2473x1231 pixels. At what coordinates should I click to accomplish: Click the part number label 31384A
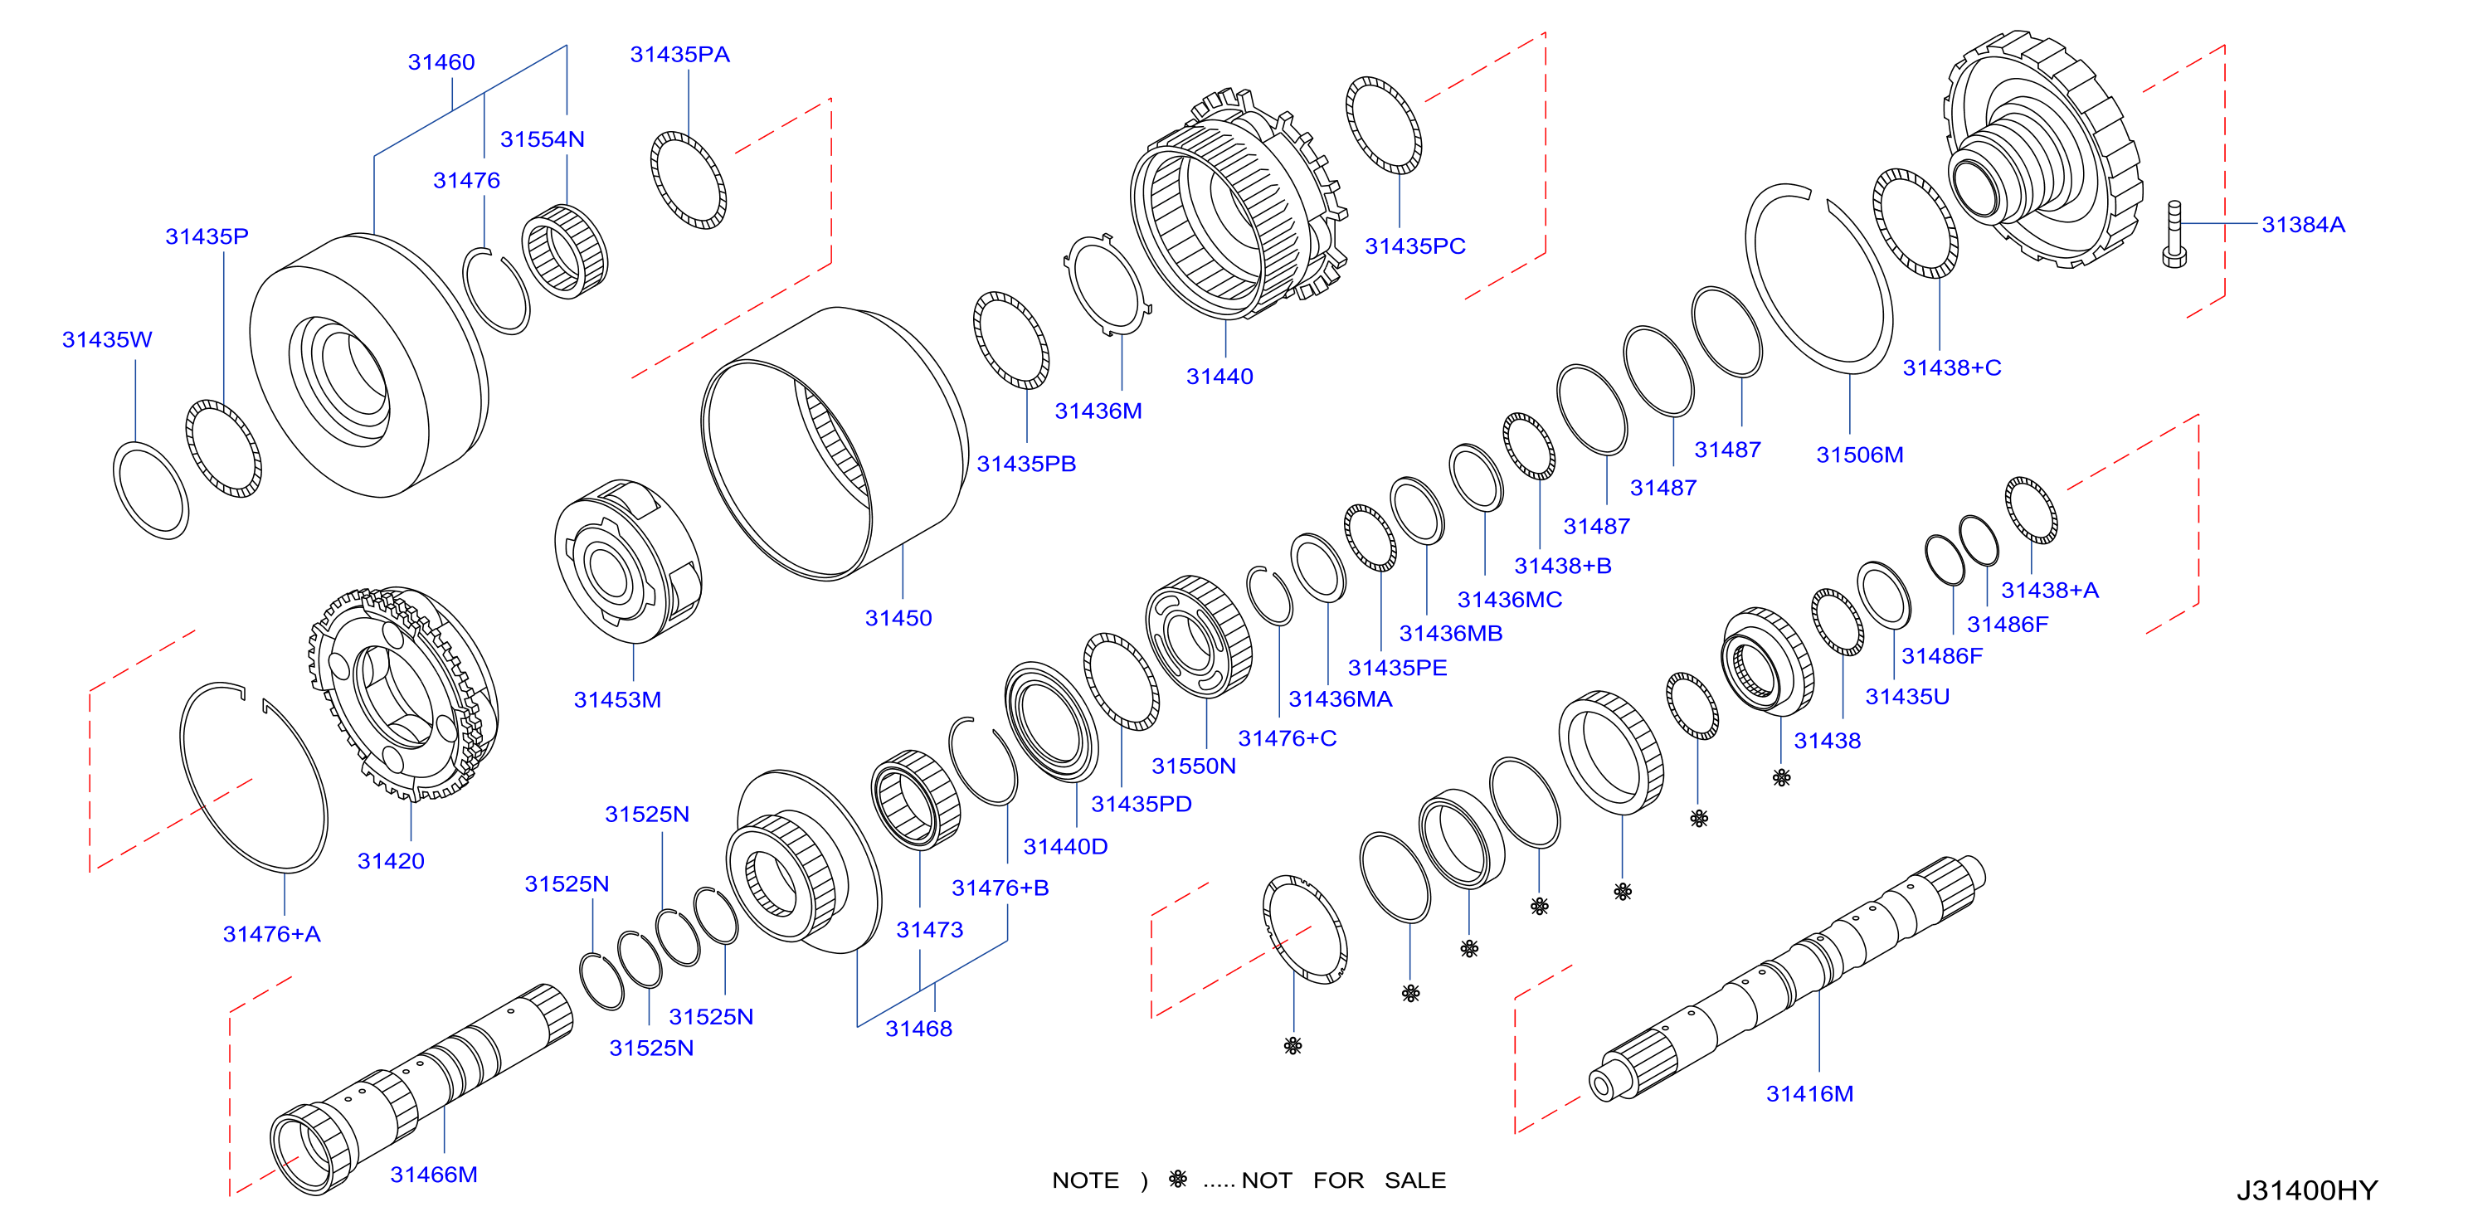click(x=2302, y=225)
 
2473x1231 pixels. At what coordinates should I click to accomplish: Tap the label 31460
click(x=441, y=62)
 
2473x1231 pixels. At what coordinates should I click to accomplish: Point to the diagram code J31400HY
click(x=2306, y=1190)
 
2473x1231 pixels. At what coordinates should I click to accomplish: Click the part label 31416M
click(x=1809, y=1093)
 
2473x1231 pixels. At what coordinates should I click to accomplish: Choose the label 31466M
click(x=433, y=1175)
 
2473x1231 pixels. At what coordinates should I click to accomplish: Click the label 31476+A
click(x=271, y=934)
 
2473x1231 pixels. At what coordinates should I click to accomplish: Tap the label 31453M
click(x=617, y=700)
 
